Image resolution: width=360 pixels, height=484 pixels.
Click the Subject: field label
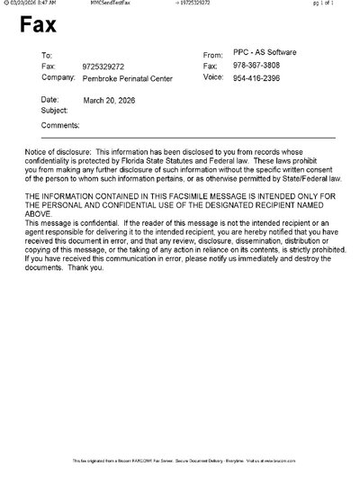tap(55, 110)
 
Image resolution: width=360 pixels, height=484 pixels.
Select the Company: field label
tap(58, 78)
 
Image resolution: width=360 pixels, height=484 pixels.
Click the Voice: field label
tap(215, 77)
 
